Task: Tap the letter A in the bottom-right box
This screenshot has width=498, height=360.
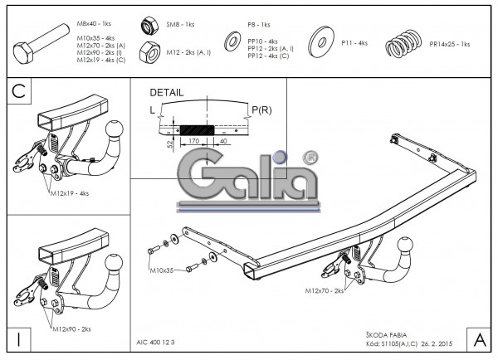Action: click(x=479, y=338)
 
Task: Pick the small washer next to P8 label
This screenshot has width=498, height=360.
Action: click(x=231, y=41)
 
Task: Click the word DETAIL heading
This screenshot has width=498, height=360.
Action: click(x=168, y=93)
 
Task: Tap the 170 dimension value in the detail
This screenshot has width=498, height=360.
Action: click(x=193, y=141)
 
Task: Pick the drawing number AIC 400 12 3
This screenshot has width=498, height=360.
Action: click(x=155, y=342)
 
